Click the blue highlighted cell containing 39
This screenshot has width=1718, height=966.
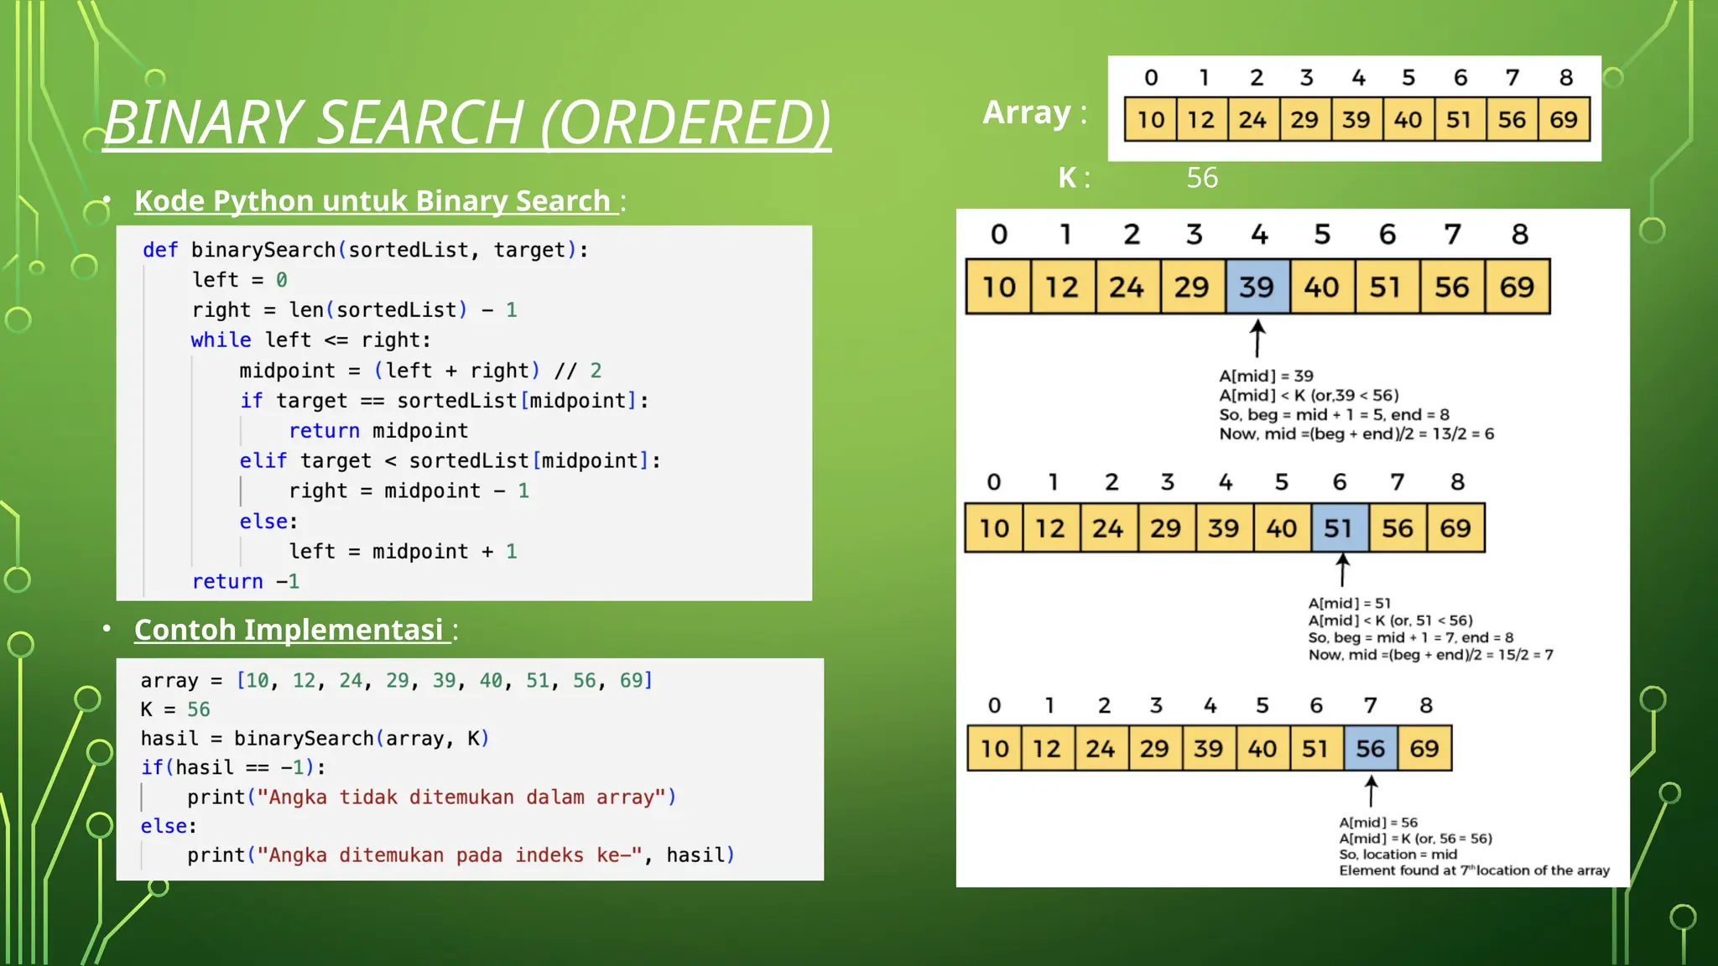(x=1257, y=287)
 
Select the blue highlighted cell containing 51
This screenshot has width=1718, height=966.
(x=1339, y=528)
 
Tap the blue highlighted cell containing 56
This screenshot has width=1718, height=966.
(x=1370, y=748)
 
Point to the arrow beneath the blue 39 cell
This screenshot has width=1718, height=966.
(x=1257, y=338)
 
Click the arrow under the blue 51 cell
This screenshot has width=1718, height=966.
(x=1342, y=570)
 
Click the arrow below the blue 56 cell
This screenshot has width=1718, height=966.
(x=1371, y=791)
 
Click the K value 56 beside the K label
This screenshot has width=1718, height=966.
(x=1201, y=178)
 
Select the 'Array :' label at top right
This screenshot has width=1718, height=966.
(x=1033, y=112)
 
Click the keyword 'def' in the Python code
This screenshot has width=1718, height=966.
(x=159, y=250)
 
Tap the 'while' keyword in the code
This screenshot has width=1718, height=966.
(x=221, y=340)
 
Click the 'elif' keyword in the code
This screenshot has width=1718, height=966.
(x=263, y=460)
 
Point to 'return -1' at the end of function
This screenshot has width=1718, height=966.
(x=245, y=581)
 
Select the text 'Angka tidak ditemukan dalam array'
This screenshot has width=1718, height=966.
(x=461, y=797)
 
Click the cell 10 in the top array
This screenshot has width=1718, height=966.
(x=1150, y=119)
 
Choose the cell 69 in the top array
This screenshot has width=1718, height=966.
(x=1563, y=119)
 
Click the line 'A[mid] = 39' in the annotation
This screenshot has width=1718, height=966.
(x=1265, y=376)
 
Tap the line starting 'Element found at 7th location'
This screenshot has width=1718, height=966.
(x=1473, y=870)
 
